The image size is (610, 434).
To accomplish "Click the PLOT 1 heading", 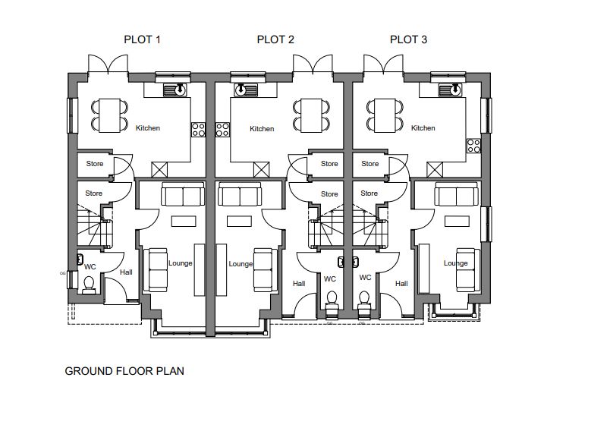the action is (x=142, y=39).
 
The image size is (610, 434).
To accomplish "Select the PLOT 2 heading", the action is (x=275, y=39).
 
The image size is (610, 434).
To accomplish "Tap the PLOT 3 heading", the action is (x=408, y=39).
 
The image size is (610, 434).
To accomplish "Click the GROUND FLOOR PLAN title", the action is (x=124, y=371).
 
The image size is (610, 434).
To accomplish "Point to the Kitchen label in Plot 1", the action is (x=148, y=128).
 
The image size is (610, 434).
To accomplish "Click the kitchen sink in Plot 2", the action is (x=246, y=90).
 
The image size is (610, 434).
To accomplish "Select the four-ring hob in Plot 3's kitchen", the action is (x=473, y=146).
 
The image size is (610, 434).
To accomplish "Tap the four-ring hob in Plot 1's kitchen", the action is (x=199, y=130).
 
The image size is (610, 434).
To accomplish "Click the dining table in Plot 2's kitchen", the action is (x=311, y=115).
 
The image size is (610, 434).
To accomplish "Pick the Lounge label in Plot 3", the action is (x=455, y=263).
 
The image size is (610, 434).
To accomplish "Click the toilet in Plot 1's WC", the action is (x=89, y=285).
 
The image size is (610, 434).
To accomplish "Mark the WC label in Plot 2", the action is (x=330, y=278).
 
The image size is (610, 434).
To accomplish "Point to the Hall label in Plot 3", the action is (x=401, y=284).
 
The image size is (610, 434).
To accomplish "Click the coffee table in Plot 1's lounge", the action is (x=184, y=221).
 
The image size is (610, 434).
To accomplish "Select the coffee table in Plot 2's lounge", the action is (x=239, y=221).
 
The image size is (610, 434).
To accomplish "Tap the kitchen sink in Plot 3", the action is (x=449, y=90).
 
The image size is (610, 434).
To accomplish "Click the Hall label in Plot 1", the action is (x=126, y=272).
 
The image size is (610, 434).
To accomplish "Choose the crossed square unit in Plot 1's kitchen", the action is (x=159, y=170).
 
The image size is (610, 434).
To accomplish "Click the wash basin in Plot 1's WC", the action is (x=80, y=259).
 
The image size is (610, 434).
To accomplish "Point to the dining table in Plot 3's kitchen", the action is (x=385, y=115).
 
